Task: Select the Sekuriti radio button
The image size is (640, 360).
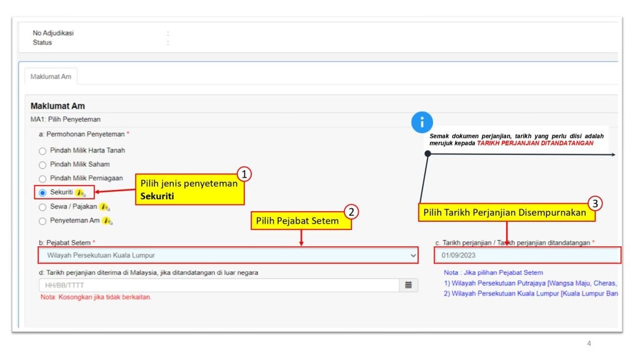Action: tap(42, 192)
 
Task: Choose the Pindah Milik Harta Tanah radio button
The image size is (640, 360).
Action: tap(42, 151)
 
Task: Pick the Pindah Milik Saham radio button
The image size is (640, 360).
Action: tap(42, 165)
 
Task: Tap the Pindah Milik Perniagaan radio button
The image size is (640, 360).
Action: tap(42, 179)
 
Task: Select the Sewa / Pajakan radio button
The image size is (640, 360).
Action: tap(42, 207)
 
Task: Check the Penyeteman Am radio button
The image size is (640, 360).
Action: tap(42, 221)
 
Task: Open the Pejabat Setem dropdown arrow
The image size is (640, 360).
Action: tap(413, 256)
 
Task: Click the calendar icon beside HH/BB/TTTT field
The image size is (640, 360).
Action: tap(408, 285)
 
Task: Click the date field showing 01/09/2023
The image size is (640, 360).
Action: tap(527, 255)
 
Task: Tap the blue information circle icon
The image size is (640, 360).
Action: tap(422, 122)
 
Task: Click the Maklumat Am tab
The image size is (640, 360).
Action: tap(51, 76)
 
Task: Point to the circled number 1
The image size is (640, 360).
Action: tap(244, 174)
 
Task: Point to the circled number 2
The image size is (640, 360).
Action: tap(351, 212)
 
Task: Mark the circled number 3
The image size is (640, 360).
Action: tap(595, 203)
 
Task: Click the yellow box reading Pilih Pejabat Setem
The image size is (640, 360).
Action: tap(301, 221)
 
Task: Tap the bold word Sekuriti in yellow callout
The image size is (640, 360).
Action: tap(157, 196)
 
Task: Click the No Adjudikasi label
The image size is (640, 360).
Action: tap(53, 33)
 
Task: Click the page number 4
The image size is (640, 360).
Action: tap(589, 343)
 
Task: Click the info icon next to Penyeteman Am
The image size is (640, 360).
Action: tap(107, 221)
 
